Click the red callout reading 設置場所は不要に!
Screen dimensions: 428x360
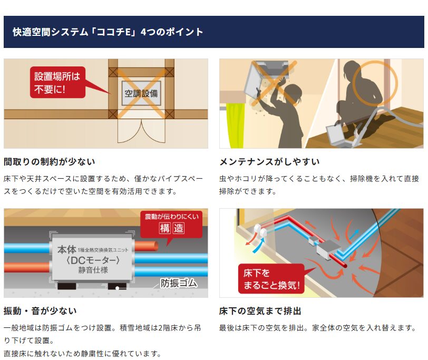coord(57,82)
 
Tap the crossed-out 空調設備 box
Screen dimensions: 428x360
coord(141,93)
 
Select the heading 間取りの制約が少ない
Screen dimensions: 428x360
coord(50,162)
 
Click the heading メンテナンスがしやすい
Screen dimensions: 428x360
coord(269,162)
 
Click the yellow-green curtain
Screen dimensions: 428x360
coord(235,125)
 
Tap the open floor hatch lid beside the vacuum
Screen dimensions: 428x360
coord(336,134)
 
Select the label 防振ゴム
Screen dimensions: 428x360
coord(179,283)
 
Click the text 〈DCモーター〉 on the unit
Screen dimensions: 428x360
coord(93,260)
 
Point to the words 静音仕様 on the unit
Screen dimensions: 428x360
coord(93,270)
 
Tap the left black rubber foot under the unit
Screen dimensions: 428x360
coord(66,286)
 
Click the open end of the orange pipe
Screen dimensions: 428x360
coord(155,246)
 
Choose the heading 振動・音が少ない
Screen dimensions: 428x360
coord(40,311)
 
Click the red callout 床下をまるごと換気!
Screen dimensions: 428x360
coord(271,279)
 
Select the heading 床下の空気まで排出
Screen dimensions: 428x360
coord(260,311)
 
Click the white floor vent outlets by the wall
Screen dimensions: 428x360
coord(260,231)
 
